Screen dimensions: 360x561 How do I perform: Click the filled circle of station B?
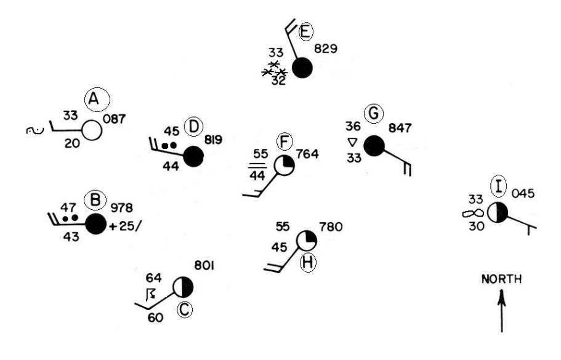click(95, 224)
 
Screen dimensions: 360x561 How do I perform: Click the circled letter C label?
click(184, 310)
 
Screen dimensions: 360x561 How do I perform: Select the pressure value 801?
click(204, 266)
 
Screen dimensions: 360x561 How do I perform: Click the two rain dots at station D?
click(169, 145)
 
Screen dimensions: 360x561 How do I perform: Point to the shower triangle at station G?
click(352, 142)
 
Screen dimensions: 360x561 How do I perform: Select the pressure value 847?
click(400, 129)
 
